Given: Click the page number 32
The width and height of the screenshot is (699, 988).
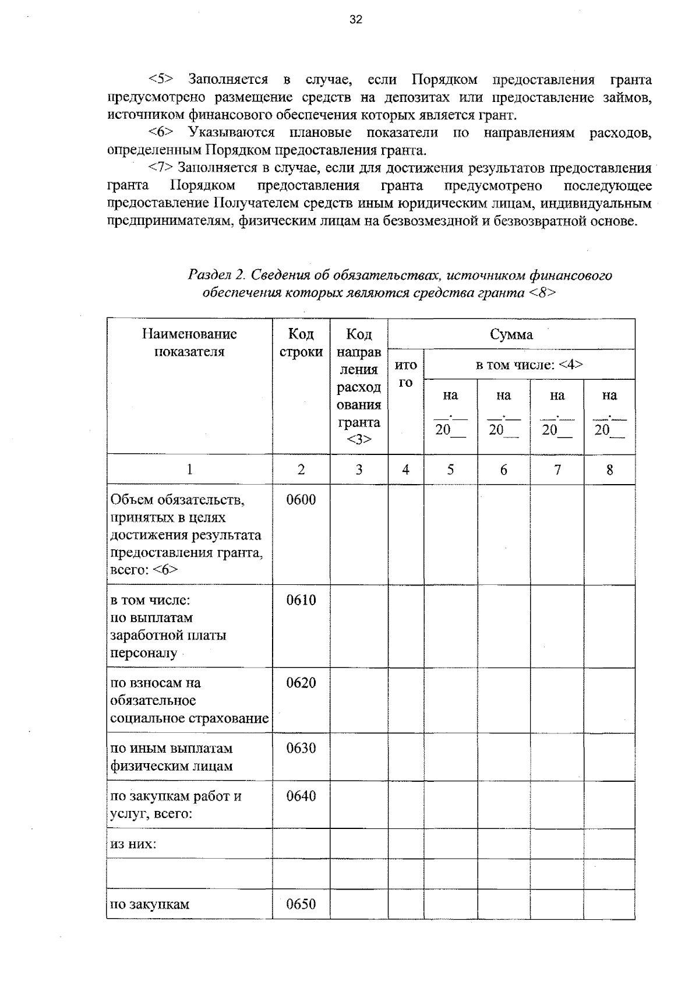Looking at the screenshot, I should point(355,20).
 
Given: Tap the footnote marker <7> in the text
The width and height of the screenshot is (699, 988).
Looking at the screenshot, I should point(161,168).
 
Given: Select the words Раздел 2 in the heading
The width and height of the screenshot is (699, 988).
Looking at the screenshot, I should point(217,275).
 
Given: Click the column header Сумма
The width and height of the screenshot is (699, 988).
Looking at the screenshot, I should point(511,334).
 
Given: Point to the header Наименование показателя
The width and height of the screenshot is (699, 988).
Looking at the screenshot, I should point(189,343).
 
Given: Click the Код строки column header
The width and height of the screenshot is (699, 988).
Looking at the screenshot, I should point(301,343).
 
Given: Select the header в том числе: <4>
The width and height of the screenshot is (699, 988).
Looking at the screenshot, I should point(529,365).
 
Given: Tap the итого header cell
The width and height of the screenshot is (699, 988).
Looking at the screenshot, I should point(405,373).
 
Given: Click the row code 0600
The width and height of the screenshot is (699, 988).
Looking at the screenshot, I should point(301,500).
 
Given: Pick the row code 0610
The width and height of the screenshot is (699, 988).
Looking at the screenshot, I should point(301,600).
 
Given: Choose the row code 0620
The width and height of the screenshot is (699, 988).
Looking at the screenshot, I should point(301,683).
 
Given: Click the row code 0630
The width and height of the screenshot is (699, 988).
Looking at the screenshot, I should point(301,748).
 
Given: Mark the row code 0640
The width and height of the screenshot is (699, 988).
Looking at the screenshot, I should point(301,796).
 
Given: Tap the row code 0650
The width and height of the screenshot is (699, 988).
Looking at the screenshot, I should point(301,904).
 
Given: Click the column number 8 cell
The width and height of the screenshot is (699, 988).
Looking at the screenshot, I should point(609,470).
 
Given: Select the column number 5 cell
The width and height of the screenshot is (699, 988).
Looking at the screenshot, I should point(450,470).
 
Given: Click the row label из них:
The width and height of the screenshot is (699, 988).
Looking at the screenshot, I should point(133,844).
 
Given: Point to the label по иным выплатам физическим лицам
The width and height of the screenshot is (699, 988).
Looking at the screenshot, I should point(172,757).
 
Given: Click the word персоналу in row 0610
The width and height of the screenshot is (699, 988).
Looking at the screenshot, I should point(143,652).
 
